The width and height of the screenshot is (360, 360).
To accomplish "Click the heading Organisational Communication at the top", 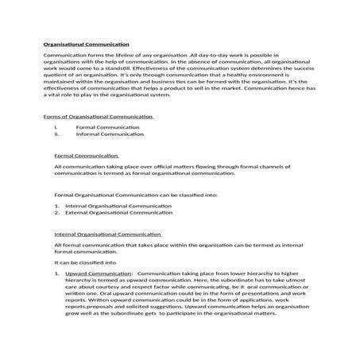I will (x=84, y=44).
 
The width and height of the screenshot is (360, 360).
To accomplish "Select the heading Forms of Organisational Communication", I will (x=99, y=117).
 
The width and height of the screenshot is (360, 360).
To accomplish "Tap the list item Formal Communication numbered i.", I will (x=104, y=127).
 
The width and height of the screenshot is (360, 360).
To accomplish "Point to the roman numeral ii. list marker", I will (x=57, y=134).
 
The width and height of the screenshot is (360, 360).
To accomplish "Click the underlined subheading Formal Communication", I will (x=86, y=156).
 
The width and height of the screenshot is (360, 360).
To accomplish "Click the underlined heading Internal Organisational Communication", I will (x=107, y=234).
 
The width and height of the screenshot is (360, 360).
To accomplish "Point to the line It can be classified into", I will (x=85, y=261).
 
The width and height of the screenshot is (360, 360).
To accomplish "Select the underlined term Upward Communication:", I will (x=98, y=273).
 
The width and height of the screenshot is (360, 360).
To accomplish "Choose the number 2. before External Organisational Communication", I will (x=57, y=213).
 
